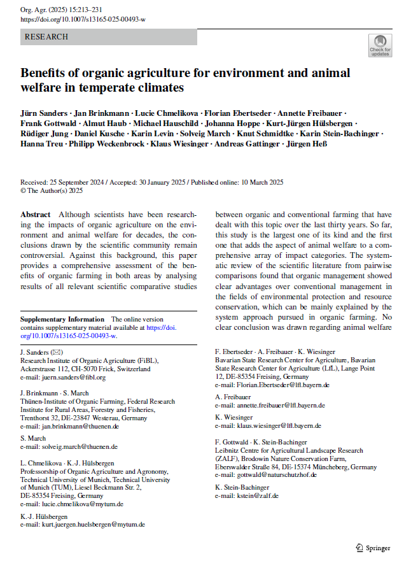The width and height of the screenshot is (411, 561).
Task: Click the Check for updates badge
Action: [x=380, y=45]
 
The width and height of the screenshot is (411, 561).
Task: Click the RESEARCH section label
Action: [x=46, y=37]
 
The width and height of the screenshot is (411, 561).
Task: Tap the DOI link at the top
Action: [x=83, y=20]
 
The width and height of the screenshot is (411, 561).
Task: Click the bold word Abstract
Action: [x=36, y=215]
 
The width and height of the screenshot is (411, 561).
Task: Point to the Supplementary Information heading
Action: [x=62, y=319]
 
